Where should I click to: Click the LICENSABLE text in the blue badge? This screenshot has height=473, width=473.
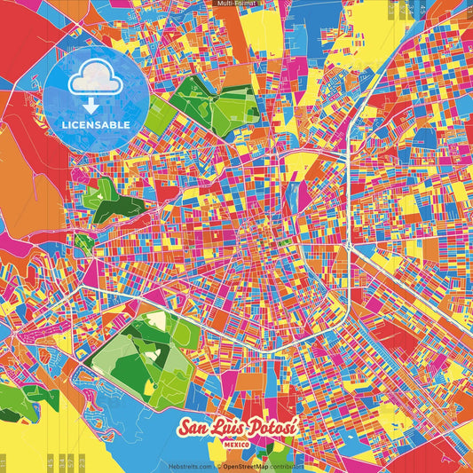pyautogui.click(x=97, y=124)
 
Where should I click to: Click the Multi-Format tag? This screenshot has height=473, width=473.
pyautogui.click(x=236, y=4)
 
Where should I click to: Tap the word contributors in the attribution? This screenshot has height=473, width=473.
pyautogui.click(x=288, y=465)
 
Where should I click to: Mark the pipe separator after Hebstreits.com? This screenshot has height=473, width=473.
pyautogui.click(x=215, y=465)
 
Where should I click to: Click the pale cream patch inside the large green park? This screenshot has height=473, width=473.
pyautogui.click(x=156, y=320)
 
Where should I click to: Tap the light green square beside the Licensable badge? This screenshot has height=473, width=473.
pyautogui.click(x=156, y=113)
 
